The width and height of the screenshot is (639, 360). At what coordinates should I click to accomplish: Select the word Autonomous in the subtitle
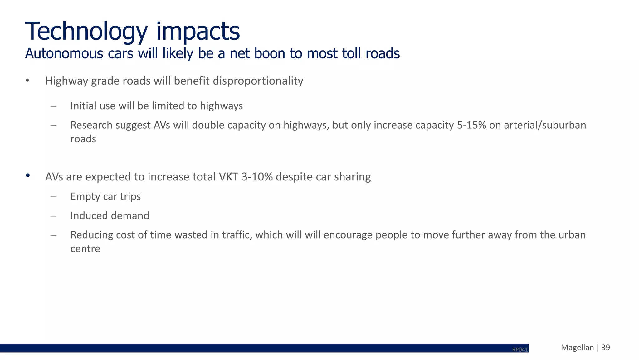[x=64, y=54]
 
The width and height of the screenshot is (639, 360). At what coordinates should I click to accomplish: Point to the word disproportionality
[x=258, y=81]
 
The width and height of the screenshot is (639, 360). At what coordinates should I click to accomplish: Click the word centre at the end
[x=85, y=249]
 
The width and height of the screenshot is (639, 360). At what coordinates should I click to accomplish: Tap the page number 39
[x=605, y=348]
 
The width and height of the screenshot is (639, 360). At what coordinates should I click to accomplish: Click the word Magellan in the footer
[x=577, y=348]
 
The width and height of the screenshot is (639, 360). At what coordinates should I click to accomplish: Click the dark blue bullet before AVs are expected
[x=28, y=175]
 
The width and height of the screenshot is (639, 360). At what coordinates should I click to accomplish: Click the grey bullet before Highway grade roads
[x=28, y=81]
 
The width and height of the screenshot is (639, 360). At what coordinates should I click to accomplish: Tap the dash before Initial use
[x=53, y=106]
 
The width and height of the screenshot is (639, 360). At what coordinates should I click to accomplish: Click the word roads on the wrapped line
[x=83, y=139]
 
